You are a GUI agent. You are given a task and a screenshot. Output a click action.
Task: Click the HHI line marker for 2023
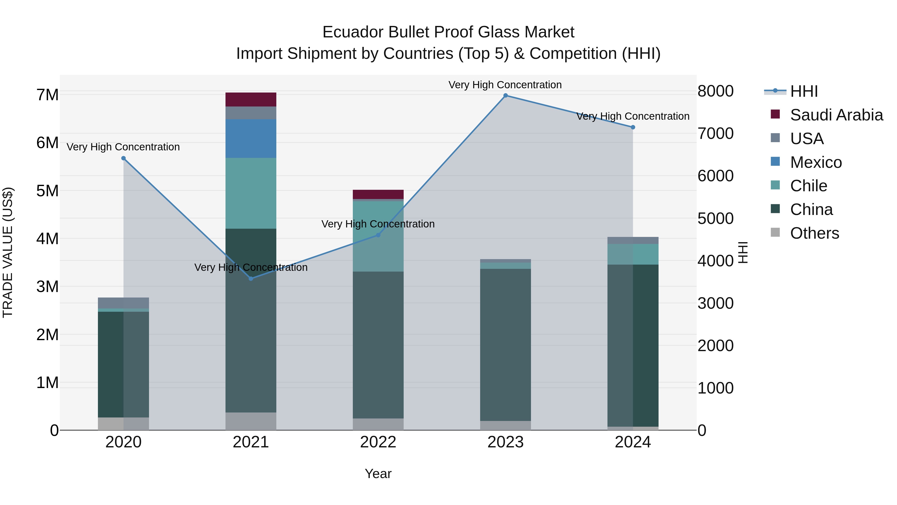(506, 96)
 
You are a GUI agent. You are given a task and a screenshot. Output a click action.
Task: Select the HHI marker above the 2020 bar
(123, 158)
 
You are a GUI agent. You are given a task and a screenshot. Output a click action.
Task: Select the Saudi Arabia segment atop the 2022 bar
(378, 195)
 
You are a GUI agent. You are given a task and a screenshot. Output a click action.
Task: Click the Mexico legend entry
(816, 162)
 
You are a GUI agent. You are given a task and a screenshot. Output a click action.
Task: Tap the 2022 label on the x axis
(378, 442)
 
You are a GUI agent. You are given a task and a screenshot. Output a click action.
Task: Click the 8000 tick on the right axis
(716, 91)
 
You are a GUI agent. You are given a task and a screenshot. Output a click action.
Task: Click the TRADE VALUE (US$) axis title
(8, 252)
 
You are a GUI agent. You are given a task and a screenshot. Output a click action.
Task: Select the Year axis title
(378, 474)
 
